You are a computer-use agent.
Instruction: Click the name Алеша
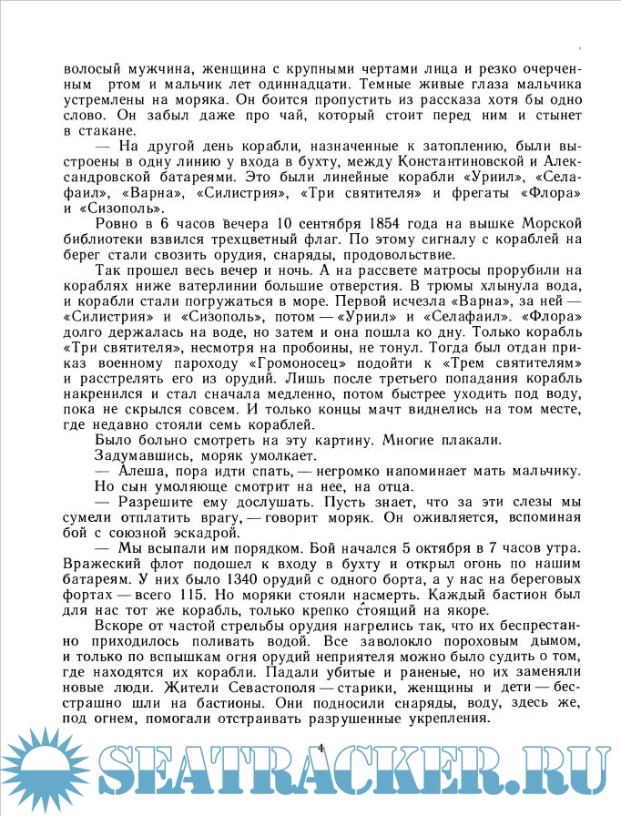pyautogui.click(x=145, y=471)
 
